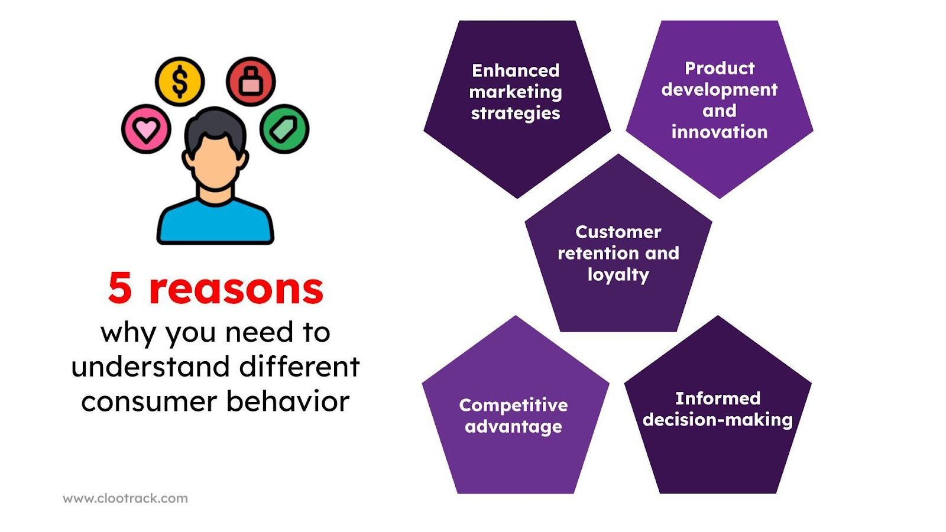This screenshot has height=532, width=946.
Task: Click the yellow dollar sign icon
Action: [x=180, y=82]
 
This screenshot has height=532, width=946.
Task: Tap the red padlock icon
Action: [x=251, y=82]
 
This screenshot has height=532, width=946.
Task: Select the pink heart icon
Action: [x=146, y=129]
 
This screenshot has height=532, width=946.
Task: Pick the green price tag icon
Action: [x=284, y=129]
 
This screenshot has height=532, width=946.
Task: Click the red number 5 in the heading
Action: [x=120, y=289]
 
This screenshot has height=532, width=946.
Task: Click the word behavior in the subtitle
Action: [x=288, y=401]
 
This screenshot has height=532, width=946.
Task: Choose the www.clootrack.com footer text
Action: [x=125, y=498]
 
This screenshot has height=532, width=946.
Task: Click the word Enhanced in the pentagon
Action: [x=516, y=70]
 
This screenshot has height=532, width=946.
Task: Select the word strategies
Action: [x=516, y=113]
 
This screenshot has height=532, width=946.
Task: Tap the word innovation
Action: [x=719, y=132]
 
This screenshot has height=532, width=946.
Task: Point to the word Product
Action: [x=720, y=68]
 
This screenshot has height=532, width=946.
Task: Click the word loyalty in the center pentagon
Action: [x=618, y=275]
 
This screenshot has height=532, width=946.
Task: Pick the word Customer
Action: [x=618, y=232]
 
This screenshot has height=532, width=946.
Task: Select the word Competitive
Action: [x=513, y=405]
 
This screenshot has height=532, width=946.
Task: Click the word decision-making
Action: [x=717, y=420]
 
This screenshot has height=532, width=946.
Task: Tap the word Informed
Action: [x=718, y=398]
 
